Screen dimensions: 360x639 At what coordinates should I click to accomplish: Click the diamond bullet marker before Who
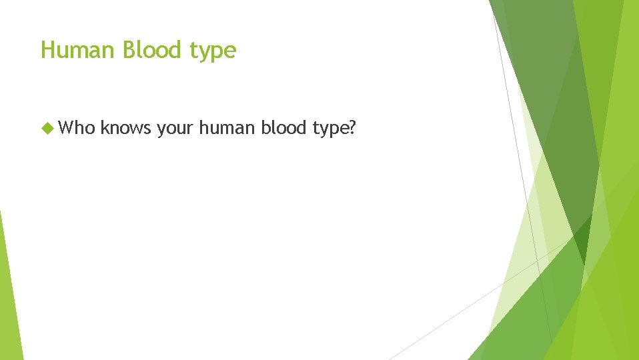coord(46,127)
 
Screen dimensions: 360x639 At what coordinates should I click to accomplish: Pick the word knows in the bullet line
coord(127,127)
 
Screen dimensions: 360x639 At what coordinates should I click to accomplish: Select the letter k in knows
coord(105,127)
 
